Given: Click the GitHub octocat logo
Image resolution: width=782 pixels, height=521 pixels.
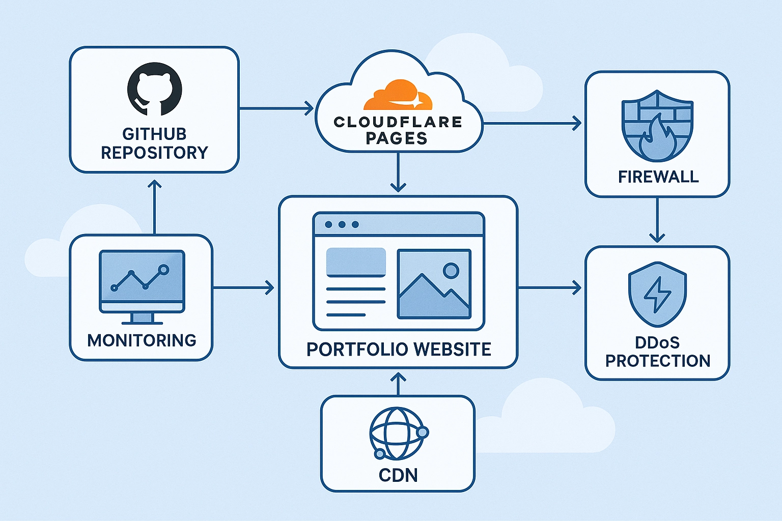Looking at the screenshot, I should point(154,90).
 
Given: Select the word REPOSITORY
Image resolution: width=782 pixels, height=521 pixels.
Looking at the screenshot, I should point(154,153).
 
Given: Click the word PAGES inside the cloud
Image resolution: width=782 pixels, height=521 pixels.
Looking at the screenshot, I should point(397,138).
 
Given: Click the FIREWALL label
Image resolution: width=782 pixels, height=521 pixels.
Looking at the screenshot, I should point(658,177).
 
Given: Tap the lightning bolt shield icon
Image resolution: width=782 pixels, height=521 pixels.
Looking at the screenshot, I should point(657,295).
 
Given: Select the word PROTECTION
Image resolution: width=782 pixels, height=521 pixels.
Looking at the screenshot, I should point(657,361).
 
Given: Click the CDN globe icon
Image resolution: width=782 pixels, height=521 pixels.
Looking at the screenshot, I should point(398,433).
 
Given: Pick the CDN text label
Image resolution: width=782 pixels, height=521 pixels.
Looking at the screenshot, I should point(398,475).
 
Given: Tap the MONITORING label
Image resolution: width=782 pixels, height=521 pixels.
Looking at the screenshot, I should point(142,340).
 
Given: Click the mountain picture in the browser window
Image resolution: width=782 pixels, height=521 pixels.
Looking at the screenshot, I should point(434,284).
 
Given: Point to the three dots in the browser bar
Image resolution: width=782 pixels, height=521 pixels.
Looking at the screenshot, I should point(342,224).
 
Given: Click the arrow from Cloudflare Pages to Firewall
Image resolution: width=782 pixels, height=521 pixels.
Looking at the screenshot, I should point(532,123).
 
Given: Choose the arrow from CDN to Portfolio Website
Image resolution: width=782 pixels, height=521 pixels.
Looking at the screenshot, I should point(398,384).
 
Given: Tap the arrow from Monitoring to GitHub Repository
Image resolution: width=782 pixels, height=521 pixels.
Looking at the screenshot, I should point(154,206).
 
